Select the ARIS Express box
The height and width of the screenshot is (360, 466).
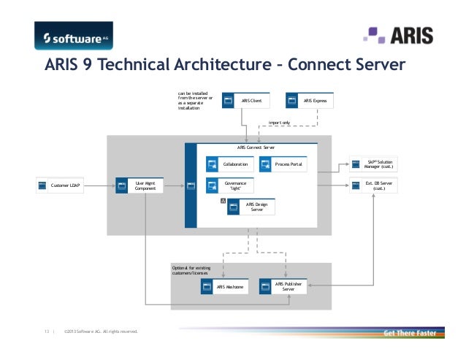click(x=310, y=100)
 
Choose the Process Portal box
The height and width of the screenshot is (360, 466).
click(x=284, y=165)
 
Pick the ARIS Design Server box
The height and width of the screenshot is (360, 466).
click(x=251, y=208)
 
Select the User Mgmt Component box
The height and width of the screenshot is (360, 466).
click(x=139, y=186)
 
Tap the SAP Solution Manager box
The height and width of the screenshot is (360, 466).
click(x=373, y=165)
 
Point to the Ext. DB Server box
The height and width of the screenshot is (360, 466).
click(x=373, y=186)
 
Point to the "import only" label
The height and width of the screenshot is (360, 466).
click(x=280, y=123)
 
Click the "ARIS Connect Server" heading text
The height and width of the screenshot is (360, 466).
click(x=251, y=148)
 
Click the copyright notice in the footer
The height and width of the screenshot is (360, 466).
click(x=101, y=333)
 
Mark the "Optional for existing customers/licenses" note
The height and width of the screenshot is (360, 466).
click(x=191, y=271)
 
